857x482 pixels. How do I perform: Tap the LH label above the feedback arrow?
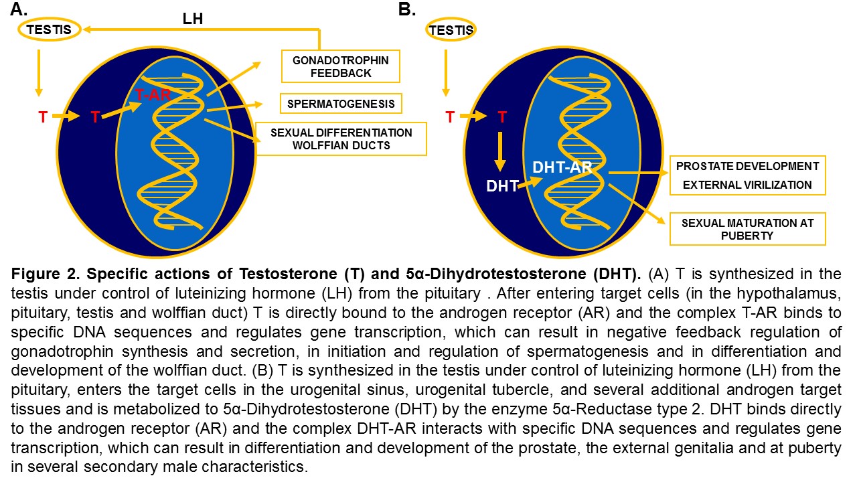(192, 19)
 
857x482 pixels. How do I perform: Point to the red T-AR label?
(153, 95)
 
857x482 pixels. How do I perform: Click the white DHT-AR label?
(562, 167)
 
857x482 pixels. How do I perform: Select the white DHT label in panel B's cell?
(502, 186)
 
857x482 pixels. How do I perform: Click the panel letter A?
(19, 9)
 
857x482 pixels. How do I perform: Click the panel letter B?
(406, 9)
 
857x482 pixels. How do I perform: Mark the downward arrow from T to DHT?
(500, 152)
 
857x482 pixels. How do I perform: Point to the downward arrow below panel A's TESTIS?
(39, 73)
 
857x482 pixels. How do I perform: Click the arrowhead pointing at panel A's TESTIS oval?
(86, 29)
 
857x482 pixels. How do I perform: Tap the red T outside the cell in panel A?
(43, 116)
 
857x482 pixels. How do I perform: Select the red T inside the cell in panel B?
(502, 116)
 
